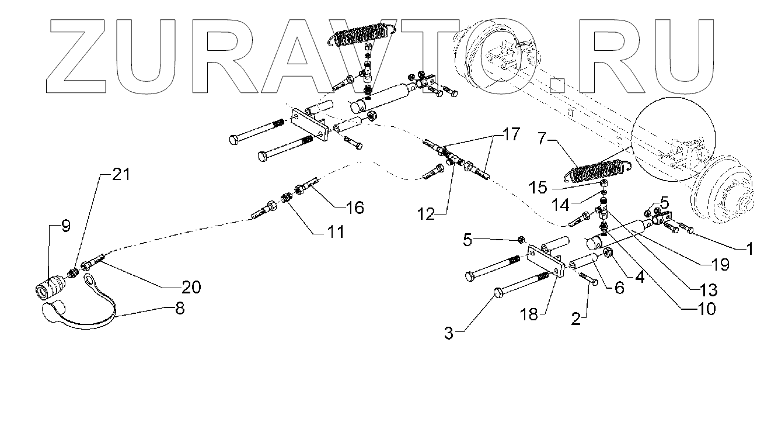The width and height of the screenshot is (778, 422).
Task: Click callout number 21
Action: tap(122, 174)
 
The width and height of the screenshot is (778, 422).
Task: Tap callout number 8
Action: tap(179, 308)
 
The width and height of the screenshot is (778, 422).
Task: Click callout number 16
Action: tap(354, 207)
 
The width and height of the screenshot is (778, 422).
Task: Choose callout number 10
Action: tap(706, 308)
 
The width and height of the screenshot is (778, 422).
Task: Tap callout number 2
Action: tap(576, 318)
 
